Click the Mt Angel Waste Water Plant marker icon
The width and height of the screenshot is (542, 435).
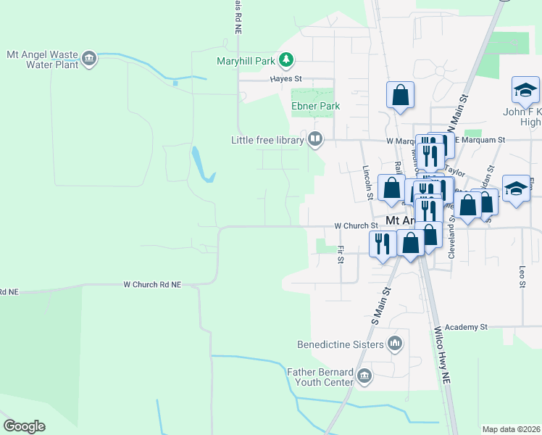pyautogui.click(x=89, y=59)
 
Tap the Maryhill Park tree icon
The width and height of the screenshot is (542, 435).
pyautogui.click(x=287, y=59)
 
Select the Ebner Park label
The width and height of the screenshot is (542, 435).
pyautogui.click(x=315, y=106)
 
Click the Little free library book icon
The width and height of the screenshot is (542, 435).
pyautogui.click(x=315, y=138)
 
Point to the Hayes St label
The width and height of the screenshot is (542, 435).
pyautogui.click(x=285, y=79)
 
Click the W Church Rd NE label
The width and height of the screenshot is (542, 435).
pyautogui.click(x=162, y=285)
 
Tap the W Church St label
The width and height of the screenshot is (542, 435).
pyautogui.click(x=351, y=226)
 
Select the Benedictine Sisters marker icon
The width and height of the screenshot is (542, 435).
pyautogui.click(x=395, y=343)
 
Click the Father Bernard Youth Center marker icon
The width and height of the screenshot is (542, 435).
pyautogui.click(x=364, y=375)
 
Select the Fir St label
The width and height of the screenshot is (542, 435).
pyautogui.click(x=341, y=255)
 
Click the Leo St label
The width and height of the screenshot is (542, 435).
pyautogui.click(x=522, y=275)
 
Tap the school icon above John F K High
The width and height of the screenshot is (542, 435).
pyautogui.click(x=525, y=91)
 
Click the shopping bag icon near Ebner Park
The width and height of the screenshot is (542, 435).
pyautogui.click(x=400, y=95)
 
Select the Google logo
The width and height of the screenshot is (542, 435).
pyautogui.click(x=24, y=426)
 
